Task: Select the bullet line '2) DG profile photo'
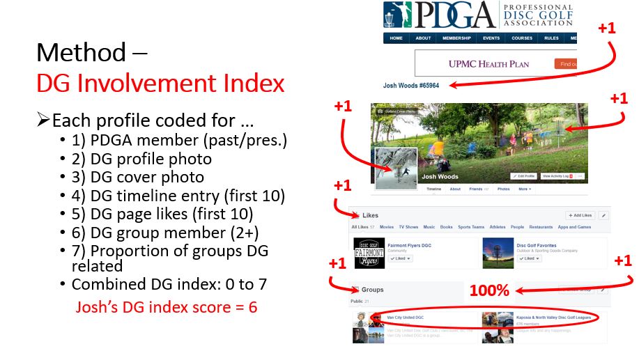point(141,159)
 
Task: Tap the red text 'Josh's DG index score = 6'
point(167,307)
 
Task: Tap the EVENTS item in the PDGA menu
point(491,38)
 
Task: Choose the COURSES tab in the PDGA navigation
point(522,38)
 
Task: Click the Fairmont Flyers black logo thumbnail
point(369,252)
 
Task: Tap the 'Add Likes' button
point(579,216)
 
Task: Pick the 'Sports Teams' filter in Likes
point(472,227)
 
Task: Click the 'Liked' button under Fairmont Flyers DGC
point(401,258)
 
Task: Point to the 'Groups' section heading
point(373,290)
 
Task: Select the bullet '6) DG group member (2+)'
point(151,232)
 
